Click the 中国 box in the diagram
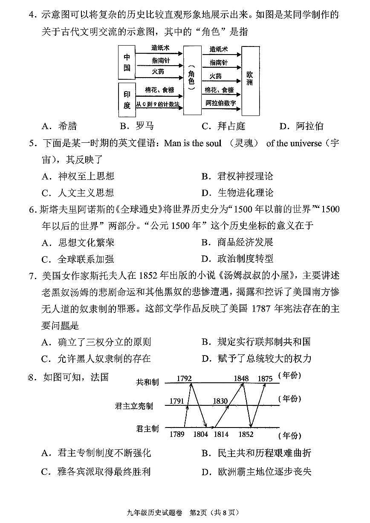[127, 62]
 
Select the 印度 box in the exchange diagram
[127, 99]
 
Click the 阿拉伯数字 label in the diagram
[221, 103]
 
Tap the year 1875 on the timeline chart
[265, 379]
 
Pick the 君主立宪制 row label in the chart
[134, 406]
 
